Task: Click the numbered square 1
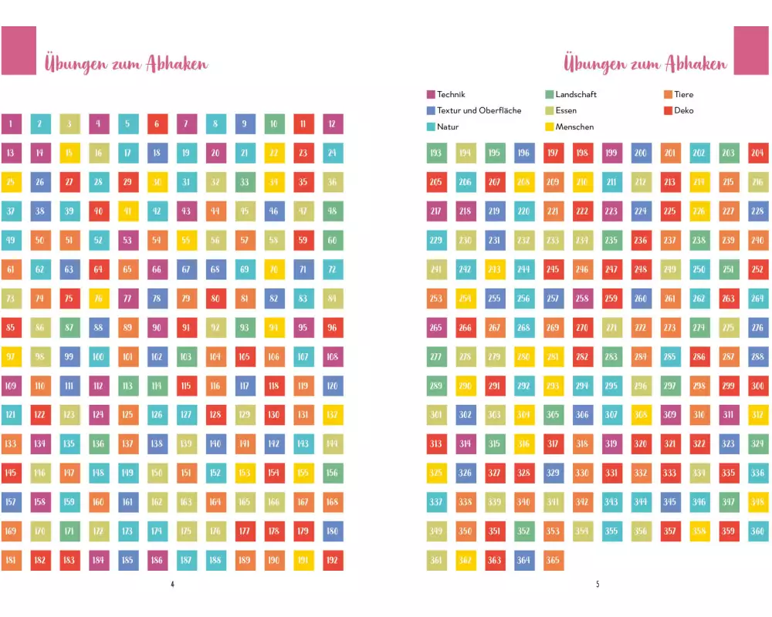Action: [x=11, y=124]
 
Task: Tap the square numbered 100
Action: [x=98, y=357]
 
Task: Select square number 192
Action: [x=333, y=561]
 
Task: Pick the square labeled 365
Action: [x=553, y=561]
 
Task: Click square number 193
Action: [x=436, y=153]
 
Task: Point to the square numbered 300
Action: [x=757, y=386]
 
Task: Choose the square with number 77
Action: [x=127, y=298]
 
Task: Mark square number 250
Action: [x=699, y=269]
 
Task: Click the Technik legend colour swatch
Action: [x=431, y=95]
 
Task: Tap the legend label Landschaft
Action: [x=576, y=95]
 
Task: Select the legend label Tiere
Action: [x=684, y=95]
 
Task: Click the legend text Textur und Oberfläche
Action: [x=479, y=110]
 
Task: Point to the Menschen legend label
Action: [x=574, y=126]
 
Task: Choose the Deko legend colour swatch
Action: [x=668, y=110]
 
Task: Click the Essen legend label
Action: [x=566, y=110]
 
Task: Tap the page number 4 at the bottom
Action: [x=172, y=584]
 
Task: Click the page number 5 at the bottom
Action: [x=597, y=584]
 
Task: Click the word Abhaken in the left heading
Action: [x=176, y=64]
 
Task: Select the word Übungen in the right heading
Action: [x=594, y=63]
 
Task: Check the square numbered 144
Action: [x=333, y=444]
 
